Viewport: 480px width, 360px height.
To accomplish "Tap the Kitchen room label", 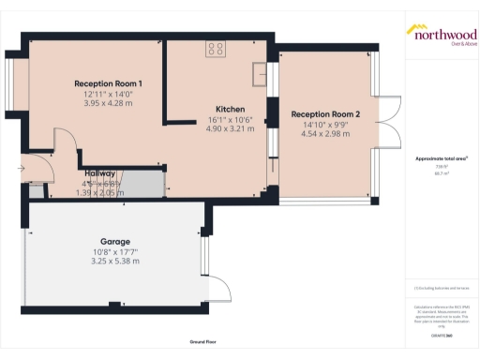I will coord(230,109).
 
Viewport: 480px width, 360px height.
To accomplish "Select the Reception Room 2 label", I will coord(325,114).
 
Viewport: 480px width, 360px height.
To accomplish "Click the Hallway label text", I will coord(100,173).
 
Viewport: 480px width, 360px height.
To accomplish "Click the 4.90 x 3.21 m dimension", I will coord(230,129).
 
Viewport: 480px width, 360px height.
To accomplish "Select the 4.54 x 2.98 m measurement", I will coord(325,134).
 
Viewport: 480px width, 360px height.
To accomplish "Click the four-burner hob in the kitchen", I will coord(216,50).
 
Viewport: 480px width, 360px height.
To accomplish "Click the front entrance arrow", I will coord(20,170).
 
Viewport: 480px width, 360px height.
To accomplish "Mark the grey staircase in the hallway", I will coord(142,185).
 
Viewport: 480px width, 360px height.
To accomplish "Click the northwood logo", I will coord(441,35).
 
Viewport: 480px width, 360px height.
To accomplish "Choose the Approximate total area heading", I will coord(442,158).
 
